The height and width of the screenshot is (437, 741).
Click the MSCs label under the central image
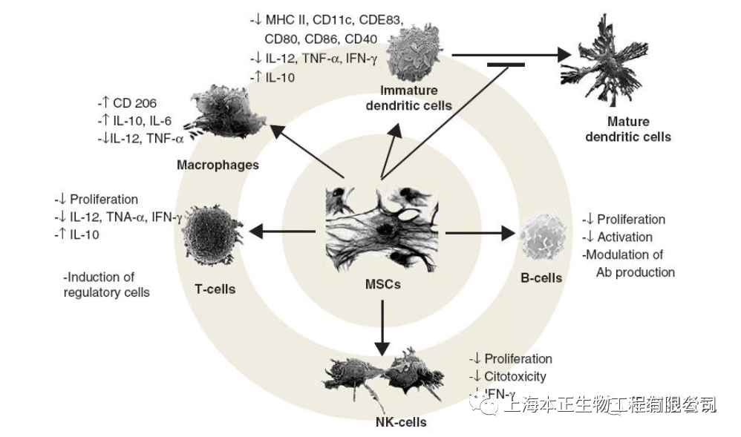click(x=382, y=283)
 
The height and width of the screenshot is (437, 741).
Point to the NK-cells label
click(x=401, y=422)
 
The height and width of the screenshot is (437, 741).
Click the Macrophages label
click(x=218, y=165)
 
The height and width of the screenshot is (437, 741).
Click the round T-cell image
click(x=209, y=232)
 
